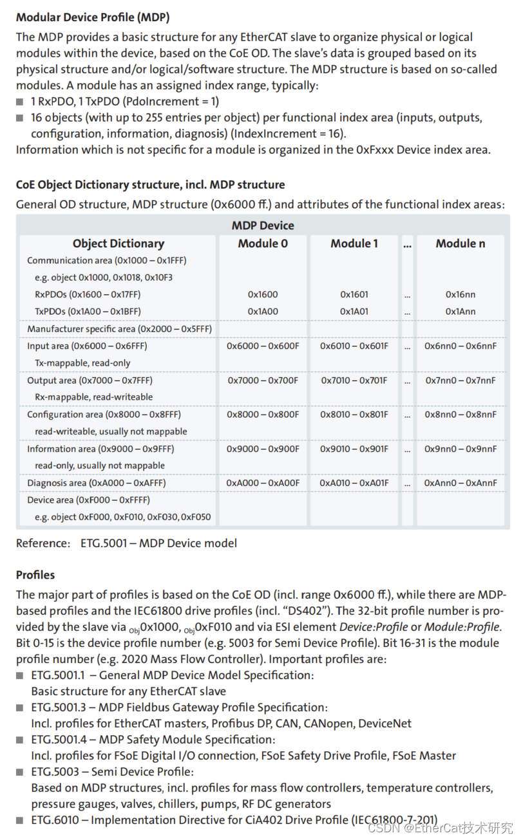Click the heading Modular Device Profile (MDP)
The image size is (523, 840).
(93, 17)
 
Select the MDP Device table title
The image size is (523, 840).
(263, 225)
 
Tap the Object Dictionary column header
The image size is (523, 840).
(119, 243)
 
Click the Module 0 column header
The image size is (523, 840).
(263, 243)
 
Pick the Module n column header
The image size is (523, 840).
(461, 243)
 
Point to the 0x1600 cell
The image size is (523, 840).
(263, 294)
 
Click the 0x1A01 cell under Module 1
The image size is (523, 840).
(354, 312)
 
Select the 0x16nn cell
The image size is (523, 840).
(461, 294)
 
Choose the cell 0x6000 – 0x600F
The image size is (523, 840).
(263, 346)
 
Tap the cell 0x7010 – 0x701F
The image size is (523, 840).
(354, 380)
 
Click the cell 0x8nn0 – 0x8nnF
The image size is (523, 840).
(461, 415)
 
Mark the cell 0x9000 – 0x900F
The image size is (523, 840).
(263, 449)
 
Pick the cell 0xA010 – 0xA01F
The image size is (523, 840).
(354, 483)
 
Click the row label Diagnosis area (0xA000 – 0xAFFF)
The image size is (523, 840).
(99, 483)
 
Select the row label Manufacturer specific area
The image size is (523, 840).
(119, 329)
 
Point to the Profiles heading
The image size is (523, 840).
(35, 575)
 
